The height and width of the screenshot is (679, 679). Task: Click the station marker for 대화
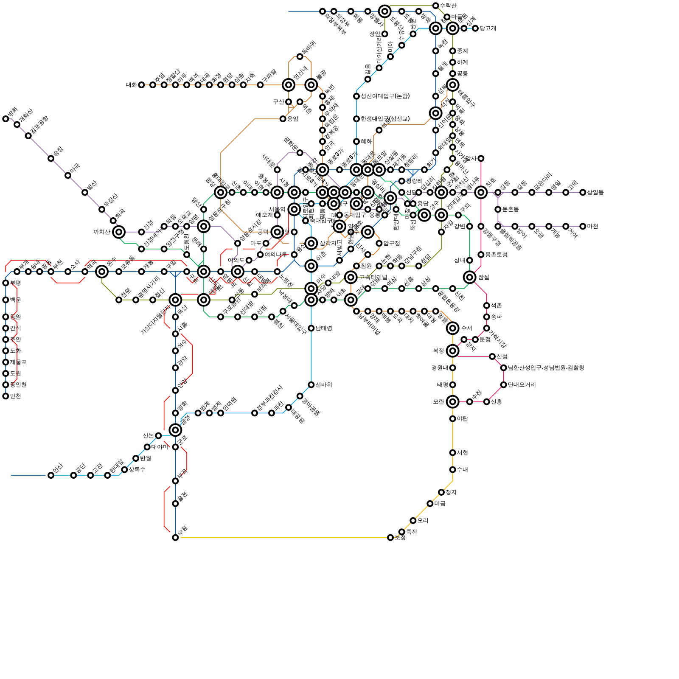point(141,85)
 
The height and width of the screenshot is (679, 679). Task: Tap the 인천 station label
point(15,396)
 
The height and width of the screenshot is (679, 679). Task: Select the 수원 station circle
point(175,537)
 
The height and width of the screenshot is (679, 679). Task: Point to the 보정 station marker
point(390,538)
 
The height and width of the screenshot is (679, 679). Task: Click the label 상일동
point(595,192)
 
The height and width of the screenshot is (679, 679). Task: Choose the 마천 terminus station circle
point(583,226)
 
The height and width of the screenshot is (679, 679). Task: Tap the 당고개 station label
point(488,28)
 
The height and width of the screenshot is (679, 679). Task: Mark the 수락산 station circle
point(435,6)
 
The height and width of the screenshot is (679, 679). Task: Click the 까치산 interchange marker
point(119,232)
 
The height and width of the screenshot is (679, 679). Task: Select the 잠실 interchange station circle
point(469,277)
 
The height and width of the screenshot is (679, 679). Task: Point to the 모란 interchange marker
point(452,401)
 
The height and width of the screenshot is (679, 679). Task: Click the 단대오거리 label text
point(522,385)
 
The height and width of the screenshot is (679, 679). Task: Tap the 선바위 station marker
point(311,384)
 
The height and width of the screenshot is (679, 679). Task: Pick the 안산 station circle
point(51,475)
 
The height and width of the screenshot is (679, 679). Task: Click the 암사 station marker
point(481,158)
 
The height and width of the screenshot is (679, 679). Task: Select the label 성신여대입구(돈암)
point(385,96)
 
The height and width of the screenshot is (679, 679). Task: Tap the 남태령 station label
point(324,328)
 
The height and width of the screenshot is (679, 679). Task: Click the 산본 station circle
point(158,435)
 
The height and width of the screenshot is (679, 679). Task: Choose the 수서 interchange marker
point(452,328)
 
